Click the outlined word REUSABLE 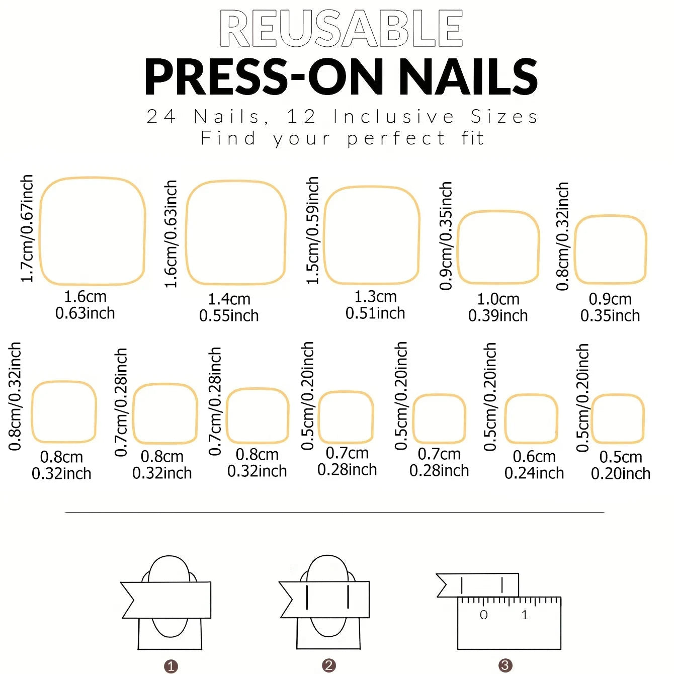[341, 29]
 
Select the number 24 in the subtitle [161, 117]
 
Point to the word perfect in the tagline [396, 138]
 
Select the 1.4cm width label [229, 299]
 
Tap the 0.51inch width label [375, 313]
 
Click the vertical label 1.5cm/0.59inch [313, 230]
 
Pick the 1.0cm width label [498, 299]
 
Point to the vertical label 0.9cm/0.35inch [446, 236]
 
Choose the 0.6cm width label [534, 456]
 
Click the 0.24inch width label [534, 473]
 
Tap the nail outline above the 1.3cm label [372, 235]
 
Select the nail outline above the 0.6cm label [531, 419]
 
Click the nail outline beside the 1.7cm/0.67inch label [92, 231]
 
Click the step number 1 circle [171, 666]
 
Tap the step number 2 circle [328, 665]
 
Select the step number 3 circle [505, 665]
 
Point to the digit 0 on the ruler [483, 615]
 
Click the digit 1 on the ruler [525, 615]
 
